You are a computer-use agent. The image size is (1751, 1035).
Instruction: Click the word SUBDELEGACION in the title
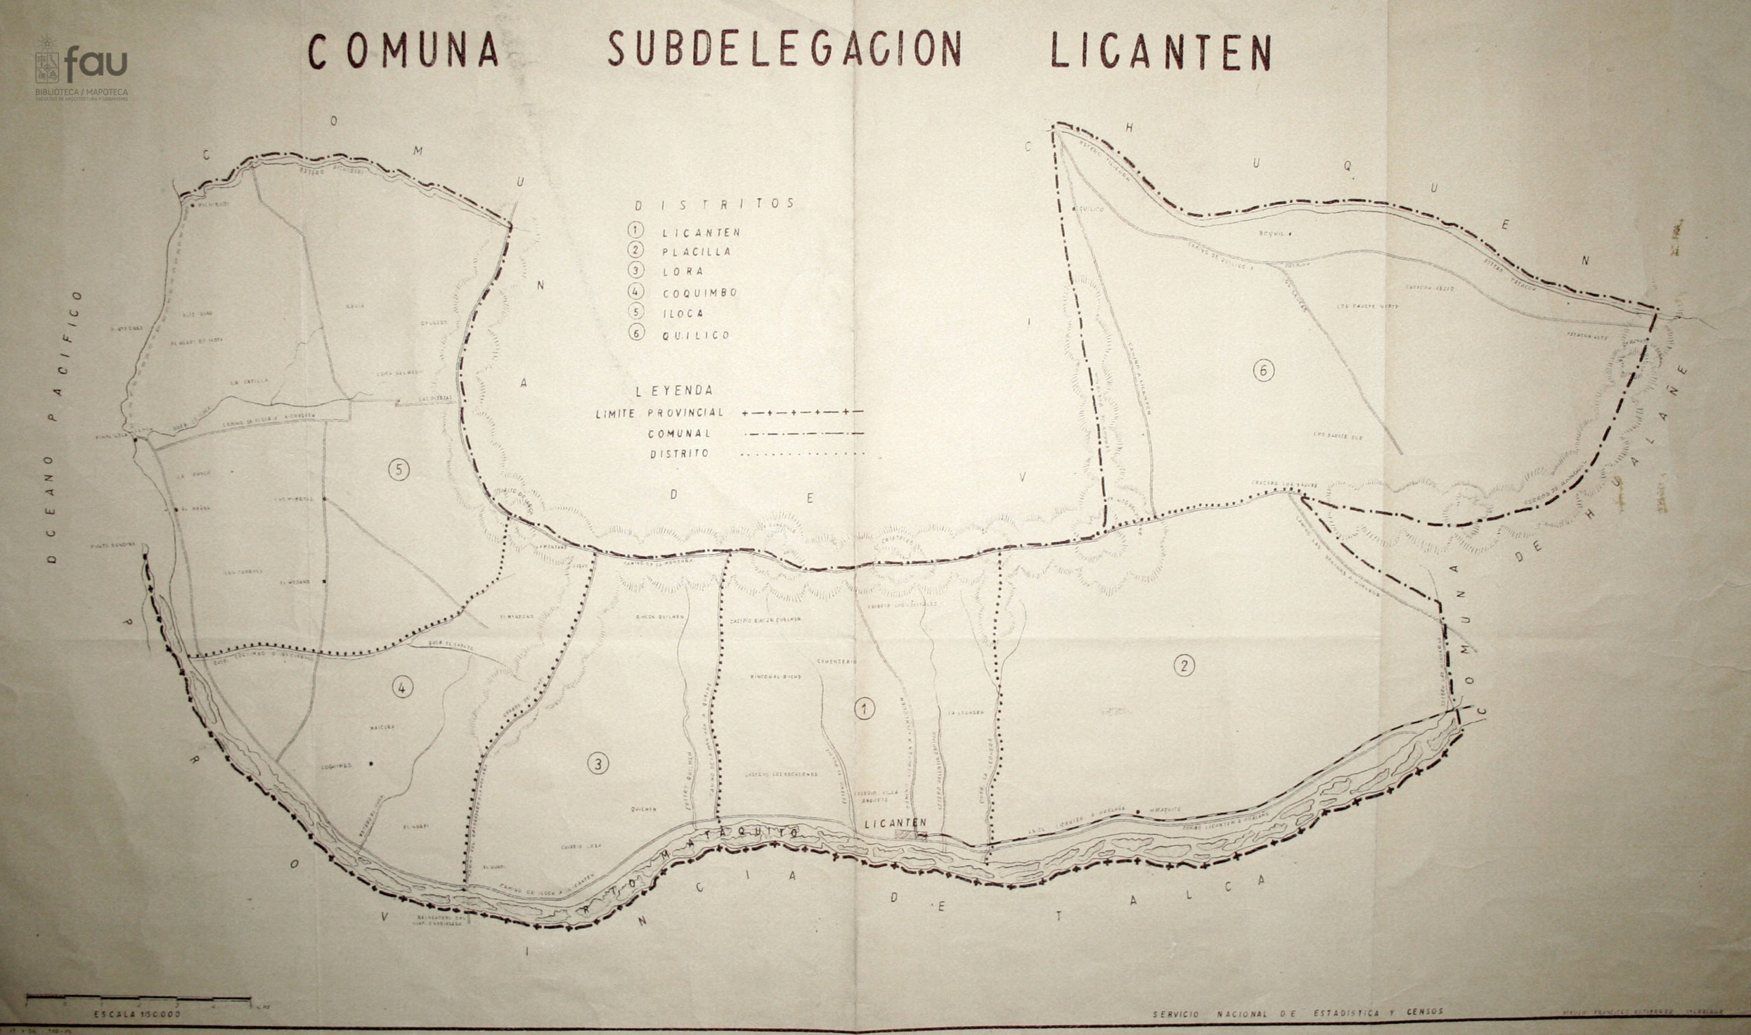tap(785, 49)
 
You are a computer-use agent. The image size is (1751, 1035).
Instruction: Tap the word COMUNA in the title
tap(403, 51)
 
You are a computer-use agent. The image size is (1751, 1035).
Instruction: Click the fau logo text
tap(96, 64)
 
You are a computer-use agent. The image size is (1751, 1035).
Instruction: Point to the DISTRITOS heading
tap(714, 204)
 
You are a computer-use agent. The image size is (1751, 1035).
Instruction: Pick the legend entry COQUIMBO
tap(700, 293)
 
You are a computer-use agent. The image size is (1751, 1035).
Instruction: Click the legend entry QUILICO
tap(696, 335)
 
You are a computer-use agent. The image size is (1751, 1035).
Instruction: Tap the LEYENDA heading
tap(674, 391)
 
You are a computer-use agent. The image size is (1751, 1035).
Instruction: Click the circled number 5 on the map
tap(398, 470)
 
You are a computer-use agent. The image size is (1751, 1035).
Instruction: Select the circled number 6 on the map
tap(1263, 370)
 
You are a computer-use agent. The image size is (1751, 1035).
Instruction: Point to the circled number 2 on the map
tap(1183, 666)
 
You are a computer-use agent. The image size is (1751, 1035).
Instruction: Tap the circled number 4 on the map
tap(401, 688)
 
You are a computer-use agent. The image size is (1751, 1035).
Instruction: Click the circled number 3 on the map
tap(597, 764)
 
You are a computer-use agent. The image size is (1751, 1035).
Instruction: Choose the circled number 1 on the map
tap(863, 709)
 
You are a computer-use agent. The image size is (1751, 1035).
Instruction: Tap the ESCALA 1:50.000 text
tap(137, 1014)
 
